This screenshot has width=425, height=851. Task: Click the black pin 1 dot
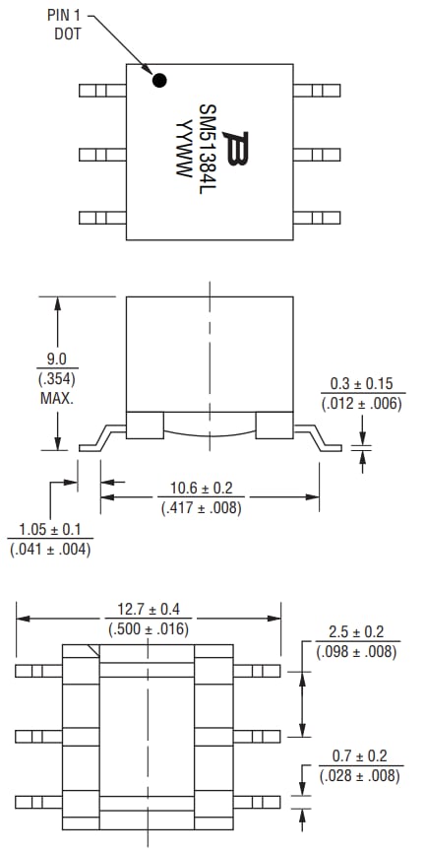pyautogui.click(x=157, y=80)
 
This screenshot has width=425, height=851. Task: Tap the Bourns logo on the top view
pyautogui.click(x=235, y=151)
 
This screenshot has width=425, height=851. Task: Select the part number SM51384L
pyautogui.click(x=208, y=151)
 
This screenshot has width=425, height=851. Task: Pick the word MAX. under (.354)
pyautogui.click(x=57, y=399)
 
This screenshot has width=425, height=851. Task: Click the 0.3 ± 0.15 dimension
pyautogui.click(x=361, y=383)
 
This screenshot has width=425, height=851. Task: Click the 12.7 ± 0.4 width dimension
pyautogui.click(x=149, y=609)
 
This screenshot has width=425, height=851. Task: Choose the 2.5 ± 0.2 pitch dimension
pyautogui.click(x=356, y=631)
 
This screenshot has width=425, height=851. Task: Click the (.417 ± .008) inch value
pyautogui.click(x=201, y=508)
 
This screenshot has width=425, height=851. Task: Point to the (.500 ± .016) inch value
pyautogui.click(x=149, y=627)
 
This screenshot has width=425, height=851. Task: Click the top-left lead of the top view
pyautogui.click(x=101, y=90)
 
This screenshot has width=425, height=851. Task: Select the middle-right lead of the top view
pyautogui.click(x=318, y=155)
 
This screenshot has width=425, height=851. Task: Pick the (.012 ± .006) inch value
pyautogui.click(x=361, y=402)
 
